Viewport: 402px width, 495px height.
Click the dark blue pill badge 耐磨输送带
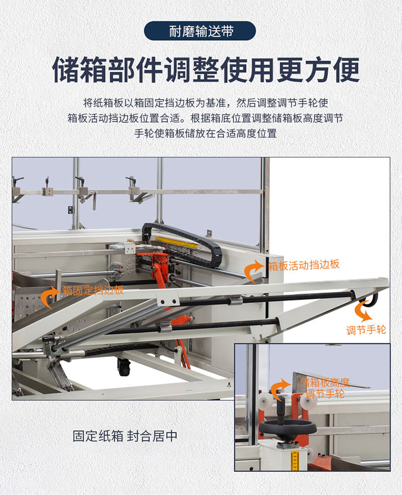[199, 31]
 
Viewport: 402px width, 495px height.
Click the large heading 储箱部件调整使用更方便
[206, 70]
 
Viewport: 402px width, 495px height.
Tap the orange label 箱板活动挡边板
[304, 265]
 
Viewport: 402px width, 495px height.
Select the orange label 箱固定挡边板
[93, 290]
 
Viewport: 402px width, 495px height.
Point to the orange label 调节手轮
[366, 330]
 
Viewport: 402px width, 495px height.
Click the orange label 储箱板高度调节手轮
[325, 388]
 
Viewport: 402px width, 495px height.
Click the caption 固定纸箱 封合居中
[125, 436]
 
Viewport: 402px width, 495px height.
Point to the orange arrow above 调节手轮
[363, 311]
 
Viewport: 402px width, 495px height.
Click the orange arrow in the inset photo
[279, 389]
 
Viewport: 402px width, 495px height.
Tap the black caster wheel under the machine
[124, 367]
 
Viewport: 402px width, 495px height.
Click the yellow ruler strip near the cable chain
[177, 242]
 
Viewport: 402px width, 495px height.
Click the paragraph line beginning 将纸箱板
[206, 103]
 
